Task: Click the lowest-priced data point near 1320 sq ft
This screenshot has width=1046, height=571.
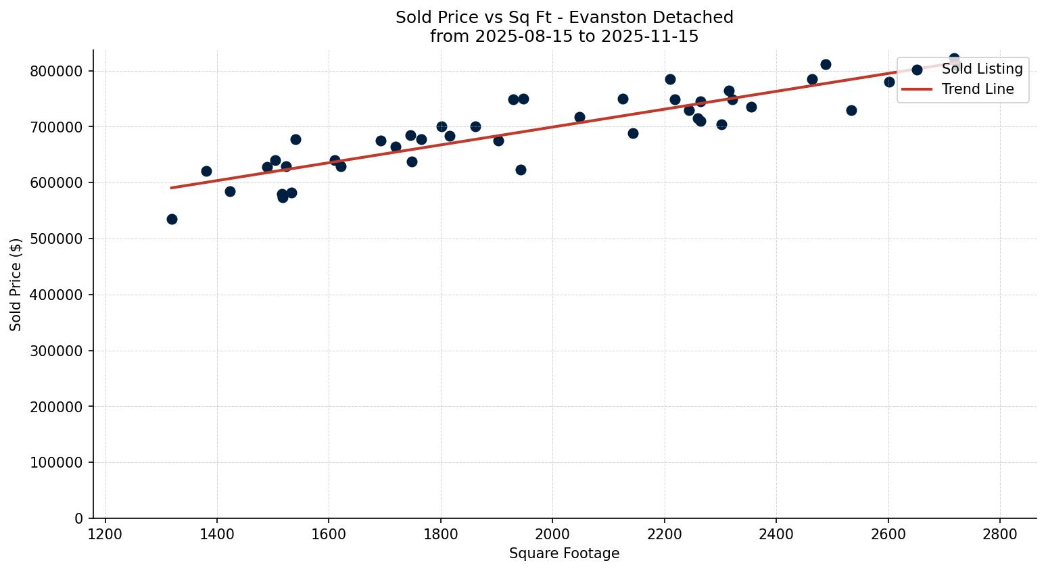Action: (x=172, y=219)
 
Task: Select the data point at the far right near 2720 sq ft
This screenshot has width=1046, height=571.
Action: (x=954, y=59)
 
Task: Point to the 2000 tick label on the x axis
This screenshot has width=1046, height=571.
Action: (x=552, y=534)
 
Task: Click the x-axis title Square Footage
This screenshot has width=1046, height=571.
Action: (x=564, y=553)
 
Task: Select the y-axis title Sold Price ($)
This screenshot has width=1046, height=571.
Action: (x=16, y=284)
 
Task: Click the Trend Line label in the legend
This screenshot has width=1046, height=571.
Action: (x=978, y=89)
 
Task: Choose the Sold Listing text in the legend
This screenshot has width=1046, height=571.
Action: (x=982, y=69)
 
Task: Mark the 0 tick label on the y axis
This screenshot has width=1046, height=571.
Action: (x=78, y=518)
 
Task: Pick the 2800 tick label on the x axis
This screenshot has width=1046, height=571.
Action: (x=999, y=534)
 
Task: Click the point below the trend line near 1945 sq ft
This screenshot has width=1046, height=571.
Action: (x=521, y=170)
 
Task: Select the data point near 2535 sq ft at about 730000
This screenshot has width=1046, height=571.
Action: (x=851, y=110)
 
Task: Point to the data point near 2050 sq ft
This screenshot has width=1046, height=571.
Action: (x=579, y=117)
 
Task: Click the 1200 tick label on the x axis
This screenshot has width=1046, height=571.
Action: (x=105, y=534)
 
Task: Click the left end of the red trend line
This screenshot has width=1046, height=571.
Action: (x=172, y=188)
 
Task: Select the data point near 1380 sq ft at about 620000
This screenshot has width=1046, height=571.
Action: (x=206, y=171)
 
